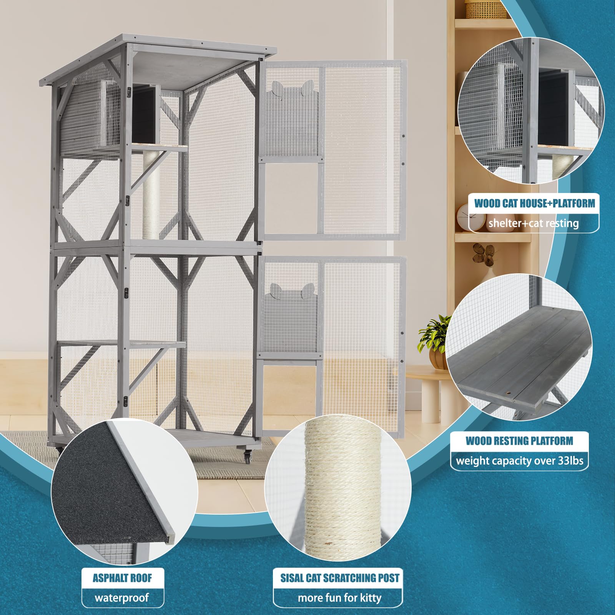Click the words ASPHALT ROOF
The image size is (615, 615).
pos(122,578)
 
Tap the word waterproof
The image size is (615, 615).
pos(122,598)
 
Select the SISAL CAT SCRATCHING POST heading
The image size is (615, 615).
pos(340,578)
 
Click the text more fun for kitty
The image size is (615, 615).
pos(340,598)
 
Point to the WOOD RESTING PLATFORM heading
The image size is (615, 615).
pos(519,441)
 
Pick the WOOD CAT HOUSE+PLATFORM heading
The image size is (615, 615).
pos(534,203)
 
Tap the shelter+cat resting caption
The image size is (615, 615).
pos(534,223)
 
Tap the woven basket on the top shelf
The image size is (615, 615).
pos(486,10)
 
